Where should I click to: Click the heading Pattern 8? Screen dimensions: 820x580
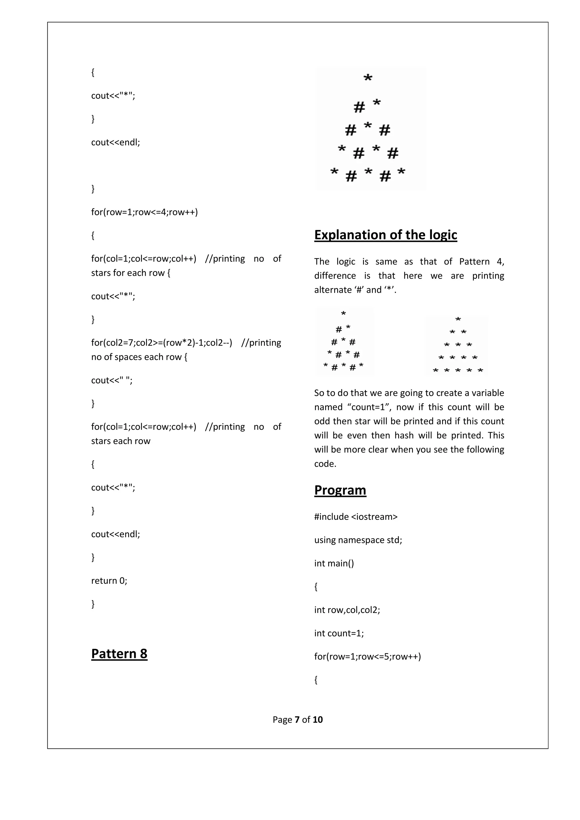point(119,654)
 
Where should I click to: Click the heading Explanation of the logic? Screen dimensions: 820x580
point(385,235)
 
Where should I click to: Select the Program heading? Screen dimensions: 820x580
point(340,490)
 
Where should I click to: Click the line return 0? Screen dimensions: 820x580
point(109,581)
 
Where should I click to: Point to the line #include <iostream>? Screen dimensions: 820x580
point(356,517)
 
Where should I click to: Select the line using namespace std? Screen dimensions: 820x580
point(358,540)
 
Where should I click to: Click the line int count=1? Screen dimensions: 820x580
point(339,633)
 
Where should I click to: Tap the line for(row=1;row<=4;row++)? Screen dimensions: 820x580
point(144,212)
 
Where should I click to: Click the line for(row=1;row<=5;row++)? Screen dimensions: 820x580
point(368,656)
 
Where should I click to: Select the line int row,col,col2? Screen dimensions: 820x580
point(347,610)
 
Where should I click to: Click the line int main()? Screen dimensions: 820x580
point(334,563)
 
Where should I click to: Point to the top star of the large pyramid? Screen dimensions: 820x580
point(368,78)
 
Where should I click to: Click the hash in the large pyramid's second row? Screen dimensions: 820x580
point(359,107)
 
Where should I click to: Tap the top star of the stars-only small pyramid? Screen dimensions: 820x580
point(458,319)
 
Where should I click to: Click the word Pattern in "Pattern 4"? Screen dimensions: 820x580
point(474,262)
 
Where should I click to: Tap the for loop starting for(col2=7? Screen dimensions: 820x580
point(161,343)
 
